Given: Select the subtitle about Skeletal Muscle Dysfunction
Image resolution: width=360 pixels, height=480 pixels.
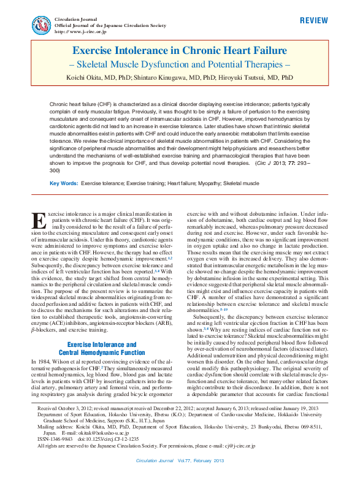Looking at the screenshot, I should [x=180, y=65].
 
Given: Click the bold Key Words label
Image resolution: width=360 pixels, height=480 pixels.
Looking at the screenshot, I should [x=64, y=183].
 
